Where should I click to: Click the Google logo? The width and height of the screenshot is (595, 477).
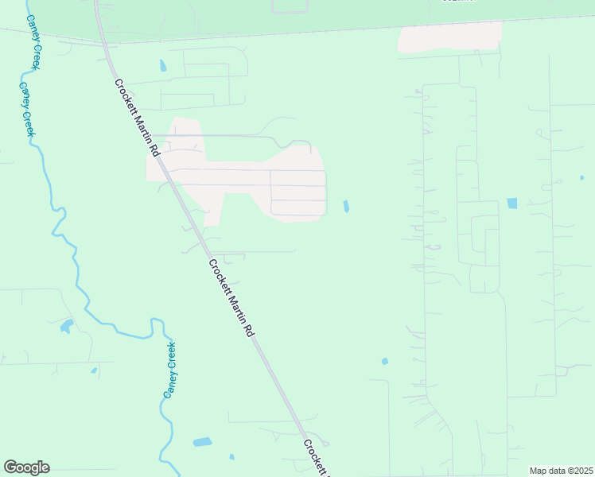tap(26, 467)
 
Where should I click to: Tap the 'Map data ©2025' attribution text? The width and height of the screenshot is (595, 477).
tap(560, 471)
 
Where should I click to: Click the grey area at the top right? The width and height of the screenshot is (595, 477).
tap(450, 37)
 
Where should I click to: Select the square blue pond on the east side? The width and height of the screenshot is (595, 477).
tap(511, 204)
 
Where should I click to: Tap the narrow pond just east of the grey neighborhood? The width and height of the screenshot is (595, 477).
tap(346, 207)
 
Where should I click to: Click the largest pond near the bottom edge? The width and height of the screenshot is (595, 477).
tap(203, 441)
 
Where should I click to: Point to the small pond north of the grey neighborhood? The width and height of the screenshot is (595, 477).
tap(163, 66)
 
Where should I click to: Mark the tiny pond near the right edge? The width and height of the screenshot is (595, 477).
tap(581, 177)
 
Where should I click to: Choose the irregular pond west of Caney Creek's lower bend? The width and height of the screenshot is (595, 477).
tap(66, 325)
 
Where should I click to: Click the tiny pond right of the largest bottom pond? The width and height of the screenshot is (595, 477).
tap(231, 456)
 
